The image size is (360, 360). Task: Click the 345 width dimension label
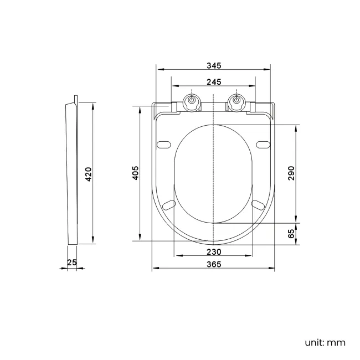pos(214,65)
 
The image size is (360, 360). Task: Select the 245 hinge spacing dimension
pos(214,82)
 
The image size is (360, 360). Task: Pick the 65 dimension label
pos(292,233)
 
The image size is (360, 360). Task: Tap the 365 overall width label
pos(214,264)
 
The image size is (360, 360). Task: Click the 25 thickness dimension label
pos(71,263)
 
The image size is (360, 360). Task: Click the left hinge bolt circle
pos(191,102)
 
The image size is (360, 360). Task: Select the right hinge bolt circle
pos(236,102)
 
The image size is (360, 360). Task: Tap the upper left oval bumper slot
pos(164,145)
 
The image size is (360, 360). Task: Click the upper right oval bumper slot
pos(263,145)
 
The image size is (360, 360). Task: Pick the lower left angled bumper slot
pos(168,205)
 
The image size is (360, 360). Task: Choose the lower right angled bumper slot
pos(259,205)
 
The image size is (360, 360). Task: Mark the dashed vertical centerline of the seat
pos(214,166)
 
